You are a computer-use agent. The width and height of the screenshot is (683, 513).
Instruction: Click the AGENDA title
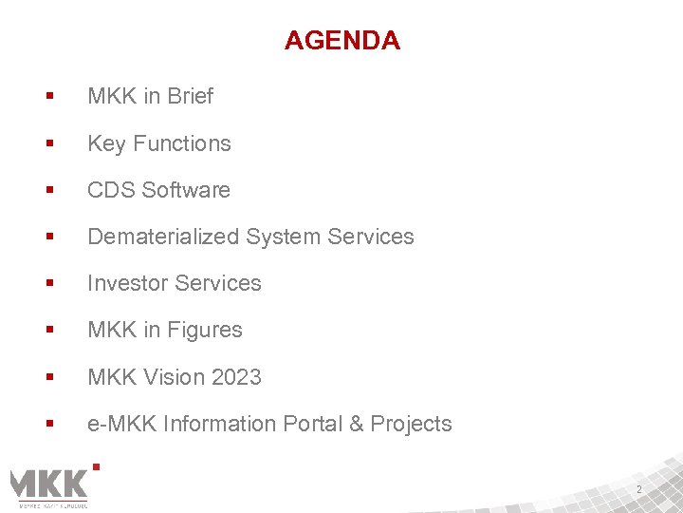(x=341, y=41)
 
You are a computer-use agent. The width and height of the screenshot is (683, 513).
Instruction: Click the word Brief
(x=191, y=96)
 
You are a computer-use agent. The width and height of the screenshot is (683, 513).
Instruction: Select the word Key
(x=107, y=143)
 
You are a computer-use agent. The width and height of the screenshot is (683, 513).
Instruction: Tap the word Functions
(x=182, y=143)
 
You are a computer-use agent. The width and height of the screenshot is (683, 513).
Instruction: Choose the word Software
(x=186, y=190)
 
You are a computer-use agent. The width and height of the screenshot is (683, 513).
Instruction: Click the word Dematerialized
(x=163, y=237)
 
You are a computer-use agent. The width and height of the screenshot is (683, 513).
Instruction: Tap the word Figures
(x=205, y=330)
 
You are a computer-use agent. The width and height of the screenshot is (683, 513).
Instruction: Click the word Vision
(x=174, y=377)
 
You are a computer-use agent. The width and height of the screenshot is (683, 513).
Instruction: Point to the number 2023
(x=236, y=377)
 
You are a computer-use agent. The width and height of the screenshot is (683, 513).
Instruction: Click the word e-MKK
(x=122, y=424)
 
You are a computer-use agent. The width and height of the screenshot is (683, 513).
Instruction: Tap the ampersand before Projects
(x=357, y=424)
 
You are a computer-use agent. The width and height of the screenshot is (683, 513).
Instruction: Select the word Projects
(x=412, y=424)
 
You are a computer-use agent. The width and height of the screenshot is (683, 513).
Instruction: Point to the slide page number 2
(x=639, y=489)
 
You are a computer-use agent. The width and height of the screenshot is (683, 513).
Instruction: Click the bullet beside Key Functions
(x=48, y=143)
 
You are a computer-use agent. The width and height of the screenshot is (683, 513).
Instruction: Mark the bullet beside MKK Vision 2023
(x=48, y=377)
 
